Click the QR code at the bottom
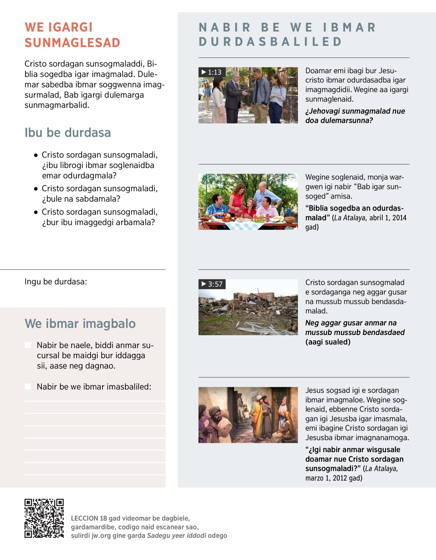point(44,518)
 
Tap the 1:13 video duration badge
point(212,72)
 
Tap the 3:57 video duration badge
point(212,284)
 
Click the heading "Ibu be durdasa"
point(68,133)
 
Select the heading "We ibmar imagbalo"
point(80,324)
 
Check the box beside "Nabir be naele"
point(28,345)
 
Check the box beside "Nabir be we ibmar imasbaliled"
point(28,387)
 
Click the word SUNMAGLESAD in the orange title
point(72,43)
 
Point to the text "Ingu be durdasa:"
point(56,282)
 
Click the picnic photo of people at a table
point(248,202)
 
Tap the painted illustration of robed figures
point(248,415)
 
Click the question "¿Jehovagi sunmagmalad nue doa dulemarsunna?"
point(355,116)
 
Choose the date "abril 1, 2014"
point(388,218)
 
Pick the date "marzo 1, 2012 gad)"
point(334,478)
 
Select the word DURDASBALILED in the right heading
point(270,42)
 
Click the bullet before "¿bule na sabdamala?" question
point(36,189)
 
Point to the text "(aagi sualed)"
point(328,342)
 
